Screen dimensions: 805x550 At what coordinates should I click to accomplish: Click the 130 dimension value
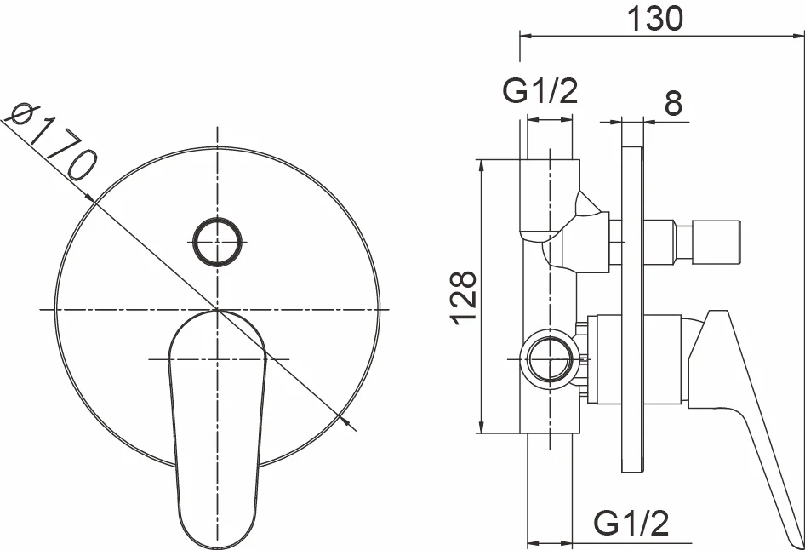[x=655, y=19]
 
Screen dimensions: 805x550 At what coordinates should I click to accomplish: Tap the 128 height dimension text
[x=464, y=297]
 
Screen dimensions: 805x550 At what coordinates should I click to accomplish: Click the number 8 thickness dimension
[x=673, y=103]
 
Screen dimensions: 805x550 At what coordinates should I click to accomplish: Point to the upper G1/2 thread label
[x=540, y=90]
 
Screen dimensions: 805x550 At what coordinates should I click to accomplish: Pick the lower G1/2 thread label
[x=631, y=524]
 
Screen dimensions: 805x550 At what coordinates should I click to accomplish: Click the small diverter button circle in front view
[x=217, y=242]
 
